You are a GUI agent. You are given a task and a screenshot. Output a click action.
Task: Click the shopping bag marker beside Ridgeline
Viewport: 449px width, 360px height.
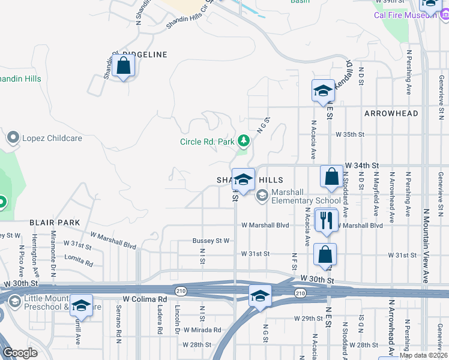point(123,66)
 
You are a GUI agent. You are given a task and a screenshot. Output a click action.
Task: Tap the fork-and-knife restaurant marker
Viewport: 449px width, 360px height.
point(326,220)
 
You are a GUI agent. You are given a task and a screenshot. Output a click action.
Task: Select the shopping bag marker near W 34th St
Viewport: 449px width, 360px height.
point(331,177)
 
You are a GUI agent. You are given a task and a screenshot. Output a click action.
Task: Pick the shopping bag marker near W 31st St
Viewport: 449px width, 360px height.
point(325,254)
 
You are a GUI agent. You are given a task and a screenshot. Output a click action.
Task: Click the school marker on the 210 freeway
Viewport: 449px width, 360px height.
point(259,296)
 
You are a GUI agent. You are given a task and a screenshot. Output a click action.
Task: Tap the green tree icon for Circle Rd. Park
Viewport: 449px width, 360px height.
point(243,141)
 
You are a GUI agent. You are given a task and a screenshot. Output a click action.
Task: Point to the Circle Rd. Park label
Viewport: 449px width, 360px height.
point(207,142)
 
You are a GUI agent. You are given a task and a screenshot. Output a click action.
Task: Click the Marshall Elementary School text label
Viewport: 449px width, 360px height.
point(306,196)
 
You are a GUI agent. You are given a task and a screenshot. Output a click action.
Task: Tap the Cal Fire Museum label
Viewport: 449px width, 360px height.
point(405,14)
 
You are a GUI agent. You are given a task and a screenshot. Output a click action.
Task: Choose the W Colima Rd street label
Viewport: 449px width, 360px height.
point(145,299)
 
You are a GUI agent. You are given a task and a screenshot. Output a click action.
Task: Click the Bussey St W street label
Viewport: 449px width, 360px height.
point(211,241)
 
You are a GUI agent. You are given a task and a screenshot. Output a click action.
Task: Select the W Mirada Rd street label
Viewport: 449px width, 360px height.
point(202,330)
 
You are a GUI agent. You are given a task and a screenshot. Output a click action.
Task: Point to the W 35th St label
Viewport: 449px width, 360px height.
point(350,135)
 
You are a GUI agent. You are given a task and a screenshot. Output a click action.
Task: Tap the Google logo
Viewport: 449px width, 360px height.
point(20,353)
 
